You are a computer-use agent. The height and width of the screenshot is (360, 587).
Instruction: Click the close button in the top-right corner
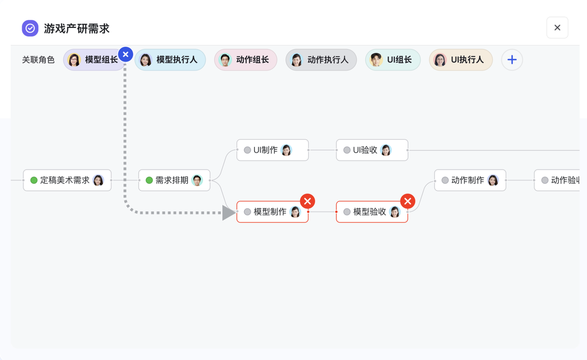[x=557, y=28]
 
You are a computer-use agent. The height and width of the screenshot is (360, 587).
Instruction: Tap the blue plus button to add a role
[x=512, y=60]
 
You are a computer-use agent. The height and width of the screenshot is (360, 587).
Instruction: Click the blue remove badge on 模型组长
[x=126, y=55]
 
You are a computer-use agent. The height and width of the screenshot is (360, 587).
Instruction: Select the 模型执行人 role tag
[x=170, y=60]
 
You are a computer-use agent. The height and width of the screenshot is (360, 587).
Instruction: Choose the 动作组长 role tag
[x=245, y=60]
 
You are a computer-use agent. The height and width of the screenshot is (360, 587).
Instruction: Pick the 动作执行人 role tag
[x=321, y=60]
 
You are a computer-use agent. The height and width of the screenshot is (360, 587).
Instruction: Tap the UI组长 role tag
[x=393, y=60]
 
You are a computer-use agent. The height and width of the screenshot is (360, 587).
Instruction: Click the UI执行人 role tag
[x=460, y=60]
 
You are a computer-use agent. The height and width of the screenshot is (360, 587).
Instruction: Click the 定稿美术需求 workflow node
[x=67, y=180]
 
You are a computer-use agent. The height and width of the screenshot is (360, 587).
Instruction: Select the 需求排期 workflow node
[x=174, y=180]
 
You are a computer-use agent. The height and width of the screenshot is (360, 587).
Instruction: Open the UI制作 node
[x=272, y=150]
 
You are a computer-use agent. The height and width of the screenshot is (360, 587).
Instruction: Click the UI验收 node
[x=372, y=150]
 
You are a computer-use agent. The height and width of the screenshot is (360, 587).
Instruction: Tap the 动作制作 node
[x=470, y=180]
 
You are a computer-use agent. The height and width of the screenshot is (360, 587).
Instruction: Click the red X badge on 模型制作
[x=307, y=201]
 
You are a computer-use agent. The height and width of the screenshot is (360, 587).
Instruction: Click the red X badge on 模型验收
[x=407, y=201]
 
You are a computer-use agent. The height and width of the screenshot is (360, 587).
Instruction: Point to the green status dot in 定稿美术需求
[x=34, y=180]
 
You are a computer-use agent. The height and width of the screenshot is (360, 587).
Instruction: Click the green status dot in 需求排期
[x=149, y=180]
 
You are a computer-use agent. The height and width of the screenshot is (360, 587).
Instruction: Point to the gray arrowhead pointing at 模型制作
[x=228, y=213]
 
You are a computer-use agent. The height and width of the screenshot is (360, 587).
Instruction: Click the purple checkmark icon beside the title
[x=30, y=28]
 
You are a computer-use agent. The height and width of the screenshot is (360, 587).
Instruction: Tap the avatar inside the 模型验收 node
[x=394, y=212]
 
